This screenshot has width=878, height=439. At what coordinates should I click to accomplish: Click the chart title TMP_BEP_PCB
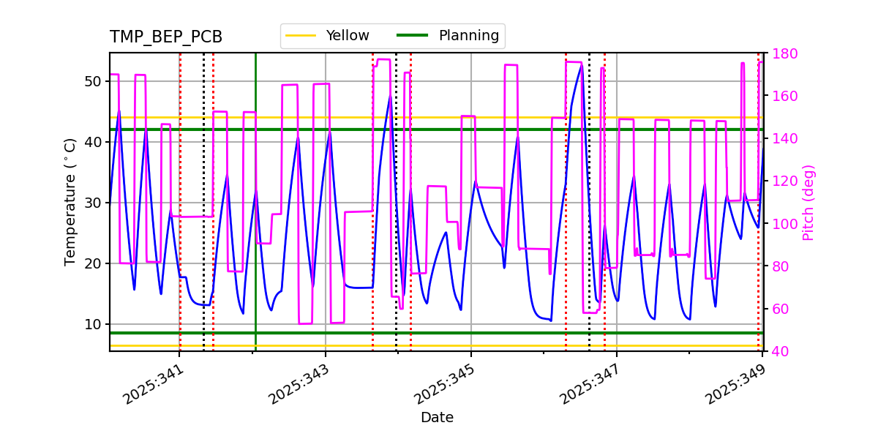166,37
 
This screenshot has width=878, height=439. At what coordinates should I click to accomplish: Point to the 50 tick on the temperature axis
93,81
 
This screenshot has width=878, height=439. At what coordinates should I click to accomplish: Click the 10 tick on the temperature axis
93,324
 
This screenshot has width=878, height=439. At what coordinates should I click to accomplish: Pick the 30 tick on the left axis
93,203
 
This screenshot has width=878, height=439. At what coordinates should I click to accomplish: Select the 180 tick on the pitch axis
782,53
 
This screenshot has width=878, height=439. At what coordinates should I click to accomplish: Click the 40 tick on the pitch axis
778,351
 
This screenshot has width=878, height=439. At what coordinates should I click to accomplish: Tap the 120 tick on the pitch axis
782,181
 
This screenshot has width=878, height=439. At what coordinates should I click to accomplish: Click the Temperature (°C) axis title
70,202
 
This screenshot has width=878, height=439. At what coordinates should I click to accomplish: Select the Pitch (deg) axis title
808,202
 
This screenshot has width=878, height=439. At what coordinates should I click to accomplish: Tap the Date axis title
437,418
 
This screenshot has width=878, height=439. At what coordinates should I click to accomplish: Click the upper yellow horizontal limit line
512,117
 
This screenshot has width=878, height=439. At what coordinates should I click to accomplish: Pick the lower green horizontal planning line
512,333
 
